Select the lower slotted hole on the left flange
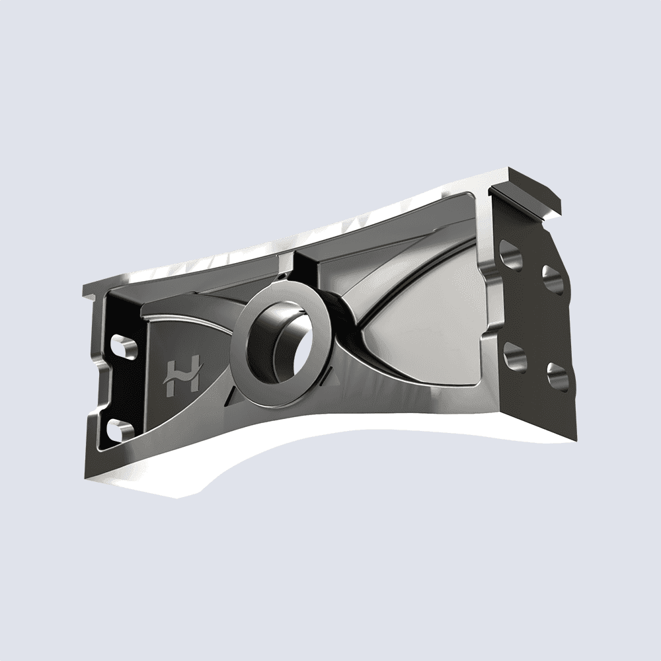(118, 430)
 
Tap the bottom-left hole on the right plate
(514, 356)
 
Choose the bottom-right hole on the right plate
(557, 375)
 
